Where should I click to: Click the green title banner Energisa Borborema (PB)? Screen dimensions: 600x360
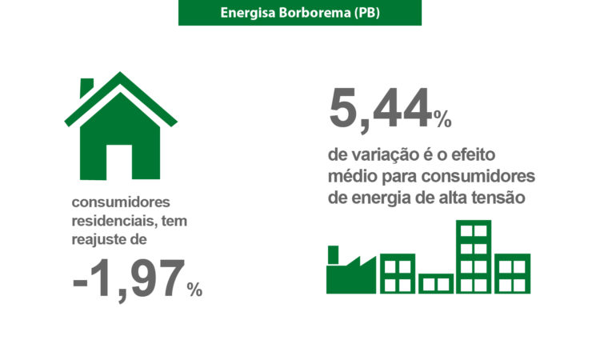tap(300, 13)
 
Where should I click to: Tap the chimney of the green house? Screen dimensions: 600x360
tap(86, 86)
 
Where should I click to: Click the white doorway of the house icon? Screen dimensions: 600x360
tap(119, 162)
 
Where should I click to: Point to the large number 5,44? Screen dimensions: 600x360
tap(380, 110)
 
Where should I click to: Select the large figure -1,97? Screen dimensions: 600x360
tap(129, 279)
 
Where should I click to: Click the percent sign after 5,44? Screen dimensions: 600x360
tap(442, 119)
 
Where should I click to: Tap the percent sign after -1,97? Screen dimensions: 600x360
tap(194, 290)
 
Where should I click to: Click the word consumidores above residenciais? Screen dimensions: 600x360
tap(121, 202)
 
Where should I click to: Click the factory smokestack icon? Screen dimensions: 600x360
tap(333, 255)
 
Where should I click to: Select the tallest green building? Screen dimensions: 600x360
tap(474, 257)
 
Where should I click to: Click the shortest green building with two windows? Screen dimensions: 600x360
tap(436, 283)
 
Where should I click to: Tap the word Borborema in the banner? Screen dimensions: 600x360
tap(314, 13)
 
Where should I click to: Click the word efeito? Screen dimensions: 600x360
tap(473, 154)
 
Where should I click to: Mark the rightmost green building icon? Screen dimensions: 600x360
tap(512, 274)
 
